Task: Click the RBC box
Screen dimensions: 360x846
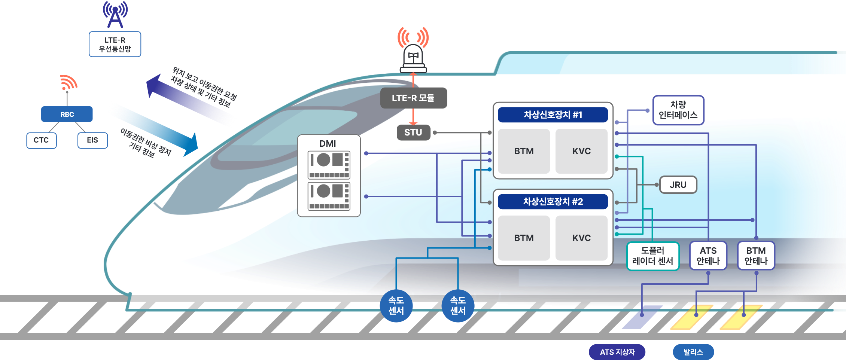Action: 67,114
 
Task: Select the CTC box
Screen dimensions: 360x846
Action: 41,140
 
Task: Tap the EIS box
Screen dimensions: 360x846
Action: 92,140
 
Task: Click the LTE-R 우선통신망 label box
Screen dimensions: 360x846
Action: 115,44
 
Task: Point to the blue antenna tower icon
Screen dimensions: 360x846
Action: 115,15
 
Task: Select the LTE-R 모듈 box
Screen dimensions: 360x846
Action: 413,98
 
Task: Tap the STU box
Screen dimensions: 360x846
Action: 413,132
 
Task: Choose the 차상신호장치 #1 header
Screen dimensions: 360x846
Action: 553,115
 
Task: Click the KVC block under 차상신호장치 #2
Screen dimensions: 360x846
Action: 581,238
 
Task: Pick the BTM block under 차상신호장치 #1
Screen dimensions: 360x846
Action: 524,151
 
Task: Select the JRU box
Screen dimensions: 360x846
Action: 678,185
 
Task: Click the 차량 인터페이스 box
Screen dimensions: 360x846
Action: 678,110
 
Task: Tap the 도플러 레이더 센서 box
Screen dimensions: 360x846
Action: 652,256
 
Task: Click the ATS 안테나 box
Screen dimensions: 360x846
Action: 708,256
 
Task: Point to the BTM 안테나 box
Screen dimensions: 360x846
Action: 756,256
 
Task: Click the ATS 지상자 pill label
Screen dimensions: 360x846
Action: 617,352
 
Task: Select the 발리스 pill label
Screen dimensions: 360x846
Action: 693,352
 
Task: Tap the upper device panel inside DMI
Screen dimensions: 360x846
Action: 329,165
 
